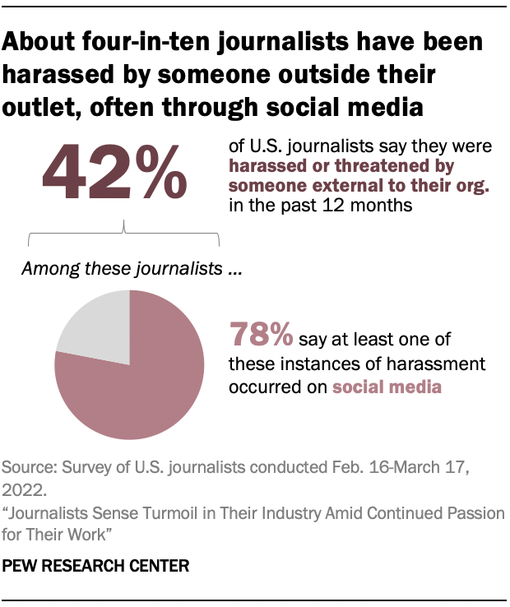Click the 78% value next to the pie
(262, 336)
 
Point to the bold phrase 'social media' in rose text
(387, 386)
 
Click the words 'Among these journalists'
(122, 268)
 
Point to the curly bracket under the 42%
(124, 234)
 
